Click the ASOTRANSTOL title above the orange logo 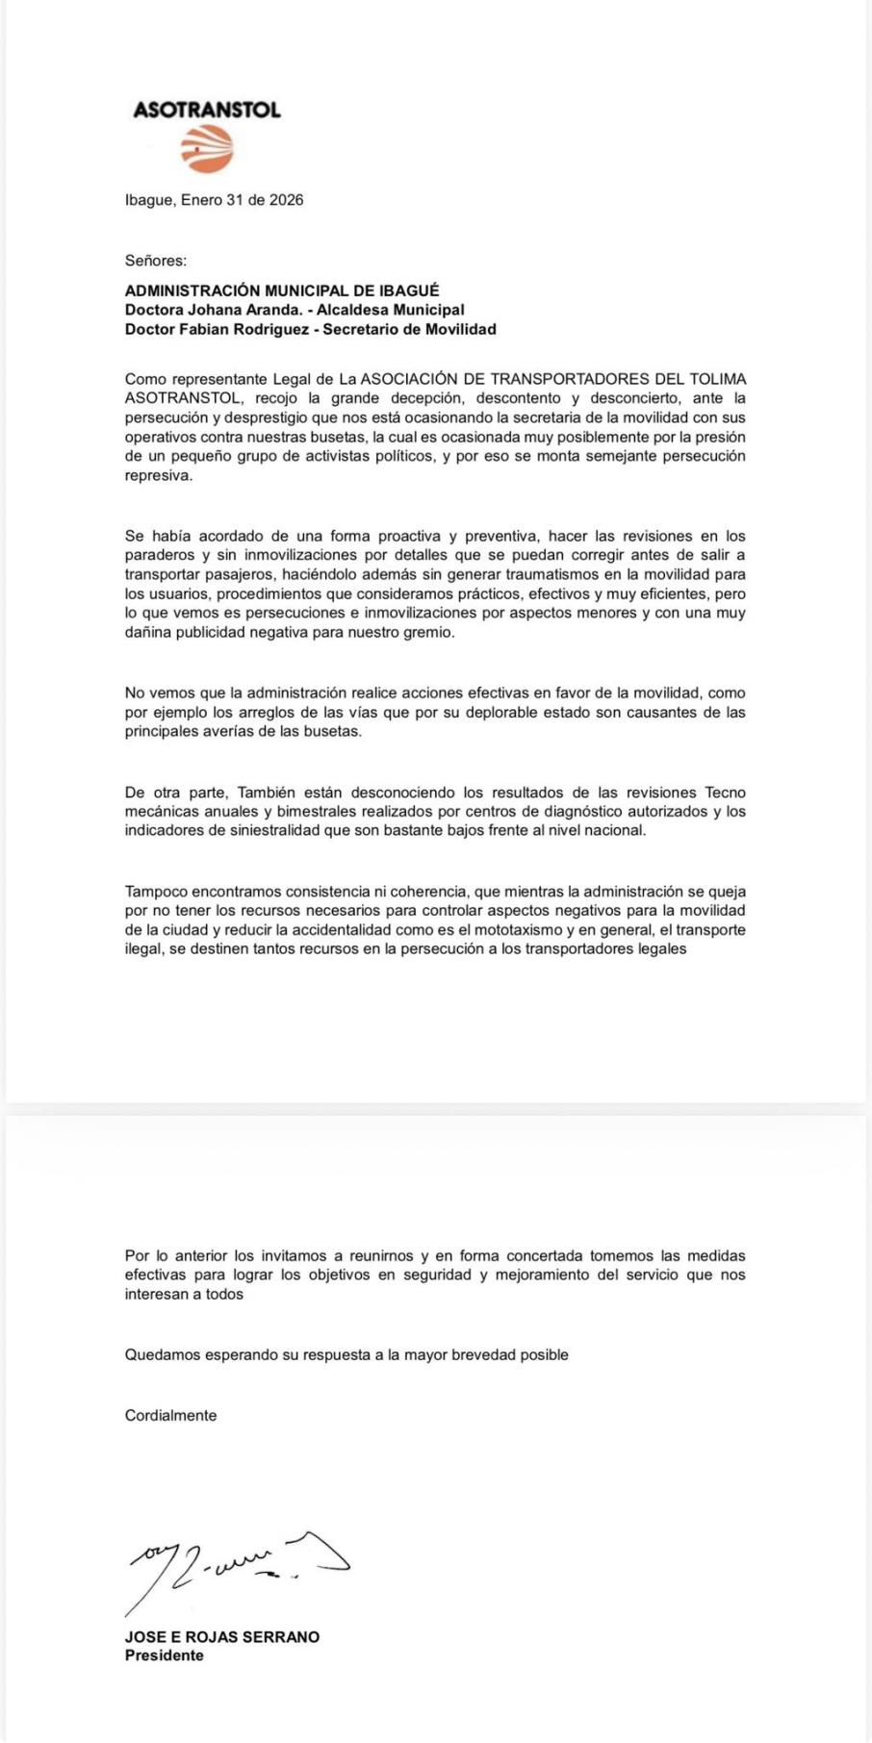207,110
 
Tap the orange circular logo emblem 207,149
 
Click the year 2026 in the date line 286,200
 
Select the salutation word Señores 156,260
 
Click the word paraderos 161,555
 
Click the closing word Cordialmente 170,1415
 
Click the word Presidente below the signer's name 165,1655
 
